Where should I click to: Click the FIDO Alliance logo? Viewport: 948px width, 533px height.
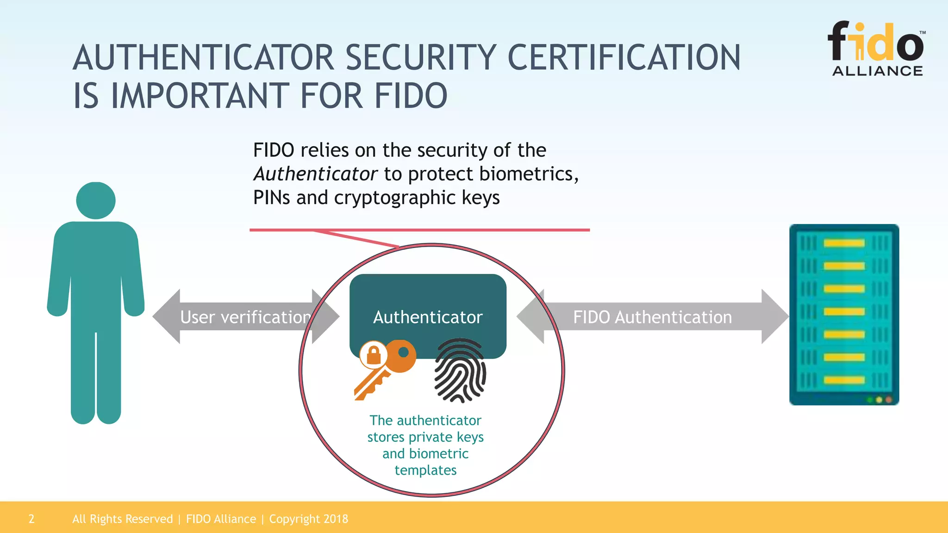[x=877, y=49]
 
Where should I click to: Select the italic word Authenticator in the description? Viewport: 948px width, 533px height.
[x=316, y=174]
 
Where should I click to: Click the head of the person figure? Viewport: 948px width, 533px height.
[x=96, y=200]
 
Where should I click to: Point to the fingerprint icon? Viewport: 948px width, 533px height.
[x=460, y=370]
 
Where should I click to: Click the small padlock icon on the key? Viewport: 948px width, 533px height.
[x=374, y=355]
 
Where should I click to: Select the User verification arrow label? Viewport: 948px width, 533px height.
[x=245, y=317]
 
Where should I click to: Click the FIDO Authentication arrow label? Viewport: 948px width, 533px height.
[x=652, y=317]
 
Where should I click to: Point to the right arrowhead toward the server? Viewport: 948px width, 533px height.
[x=775, y=316]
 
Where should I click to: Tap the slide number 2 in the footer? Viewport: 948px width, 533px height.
[x=31, y=519]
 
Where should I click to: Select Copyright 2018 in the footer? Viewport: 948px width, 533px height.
[x=308, y=519]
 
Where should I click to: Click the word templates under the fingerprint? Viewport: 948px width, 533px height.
[x=425, y=470]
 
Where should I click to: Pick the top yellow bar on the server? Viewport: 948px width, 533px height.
[x=844, y=243]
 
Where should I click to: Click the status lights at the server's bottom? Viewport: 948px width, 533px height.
[x=879, y=399]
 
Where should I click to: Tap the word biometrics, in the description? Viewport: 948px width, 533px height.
[x=529, y=174]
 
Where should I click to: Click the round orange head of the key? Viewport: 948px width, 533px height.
[x=402, y=356]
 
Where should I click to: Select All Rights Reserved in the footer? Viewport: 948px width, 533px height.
[x=122, y=519]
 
